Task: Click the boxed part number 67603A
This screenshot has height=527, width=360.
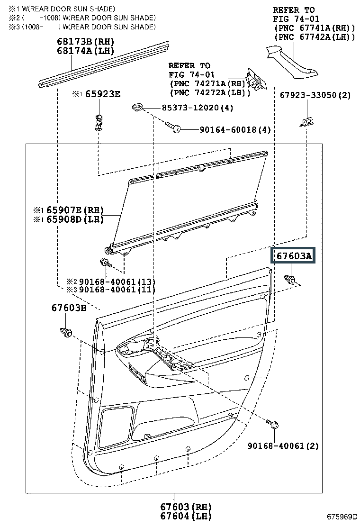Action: pyautogui.click(x=294, y=256)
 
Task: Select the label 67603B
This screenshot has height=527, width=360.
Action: pyautogui.click(x=69, y=308)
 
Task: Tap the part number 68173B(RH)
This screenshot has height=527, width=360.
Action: pyautogui.click(x=86, y=42)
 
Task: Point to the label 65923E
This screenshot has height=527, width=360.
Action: pyautogui.click(x=102, y=94)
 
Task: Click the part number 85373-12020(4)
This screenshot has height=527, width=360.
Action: pyautogui.click(x=198, y=108)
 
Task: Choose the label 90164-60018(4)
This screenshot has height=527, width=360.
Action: pyautogui.click(x=235, y=129)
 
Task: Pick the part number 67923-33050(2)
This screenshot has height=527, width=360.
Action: pyautogui.click(x=315, y=95)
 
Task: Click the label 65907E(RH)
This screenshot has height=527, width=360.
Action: pyautogui.click(x=75, y=210)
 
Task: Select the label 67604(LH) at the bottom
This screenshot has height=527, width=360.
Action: pyautogui.click(x=185, y=516)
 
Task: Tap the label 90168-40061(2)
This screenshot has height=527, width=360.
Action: pyautogui.click(x=283, y=445)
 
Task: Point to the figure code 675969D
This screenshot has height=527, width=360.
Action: pyautogui.click(x=342, y=517)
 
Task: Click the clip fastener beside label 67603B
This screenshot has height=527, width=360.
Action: pyautogui.click(x=66, y=332)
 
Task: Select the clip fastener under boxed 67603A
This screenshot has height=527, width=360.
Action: pyautogui.click(x=289, y=279)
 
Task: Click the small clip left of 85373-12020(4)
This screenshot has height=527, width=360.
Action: pyautogui.click(x=137, y=107)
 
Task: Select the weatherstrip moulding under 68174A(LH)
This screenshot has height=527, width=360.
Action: pyautogui.click(x=104, y=65)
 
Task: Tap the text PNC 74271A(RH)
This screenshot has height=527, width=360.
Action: pyautogui.click(x=208, y=84)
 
